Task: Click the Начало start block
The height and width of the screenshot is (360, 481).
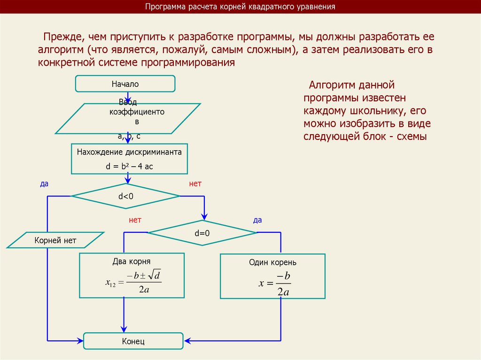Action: point(125,84)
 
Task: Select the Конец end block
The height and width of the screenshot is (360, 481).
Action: point(133,341)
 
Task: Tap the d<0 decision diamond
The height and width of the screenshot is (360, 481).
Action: point(125,196)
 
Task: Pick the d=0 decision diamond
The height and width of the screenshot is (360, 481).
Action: point(202,233)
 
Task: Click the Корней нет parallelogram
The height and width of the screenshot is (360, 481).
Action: point(55,241)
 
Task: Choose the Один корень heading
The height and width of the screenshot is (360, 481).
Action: point(272,262)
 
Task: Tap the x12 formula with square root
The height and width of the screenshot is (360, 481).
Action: point(134,282)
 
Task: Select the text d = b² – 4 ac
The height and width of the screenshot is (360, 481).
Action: point(129,166)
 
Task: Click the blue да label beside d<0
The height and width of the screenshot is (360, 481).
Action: point(44,184)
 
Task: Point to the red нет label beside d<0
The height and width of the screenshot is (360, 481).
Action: point(195,184)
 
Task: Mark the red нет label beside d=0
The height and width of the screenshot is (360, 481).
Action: point(135,220)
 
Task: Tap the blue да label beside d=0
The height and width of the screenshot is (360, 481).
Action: point(257,220)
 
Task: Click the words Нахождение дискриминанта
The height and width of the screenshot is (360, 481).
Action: point(129,152)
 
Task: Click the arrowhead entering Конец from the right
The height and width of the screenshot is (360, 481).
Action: point(187,340)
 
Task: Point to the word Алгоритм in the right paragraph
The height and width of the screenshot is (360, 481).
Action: point(332,85)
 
